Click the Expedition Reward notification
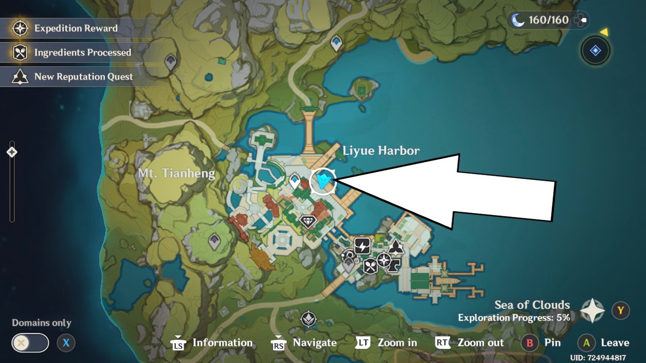(x=75, y=29)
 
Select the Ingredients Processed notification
(x=82, y=53)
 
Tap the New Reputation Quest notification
(x=83, y=77)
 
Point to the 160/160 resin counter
(x=548, y=20)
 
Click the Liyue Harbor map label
(x=381, y=151)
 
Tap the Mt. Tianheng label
(x=176, y=173)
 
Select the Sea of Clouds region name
(x=532, y=305)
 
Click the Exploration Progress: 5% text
(x=514, y=318)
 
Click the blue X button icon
(x=66, y=343)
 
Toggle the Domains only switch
(x=30, y=343)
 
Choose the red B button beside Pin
(x=530, y=343)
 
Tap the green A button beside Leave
(x=586, y=343)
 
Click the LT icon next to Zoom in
(x=363, y=343)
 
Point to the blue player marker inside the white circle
(x=323, y=181)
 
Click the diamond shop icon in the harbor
(x=308, y=222)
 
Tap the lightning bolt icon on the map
(x=362, y=246)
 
